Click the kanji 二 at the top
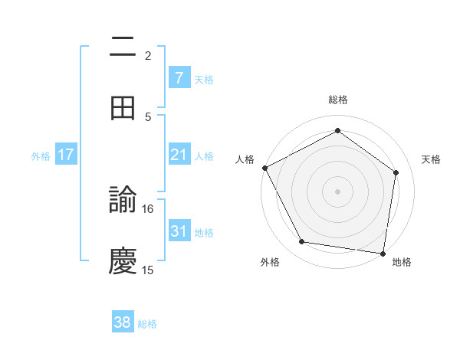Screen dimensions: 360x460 pyautogui.click(x=123, y=47)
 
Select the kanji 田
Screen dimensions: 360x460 pyautogui.click(x=123, y=108)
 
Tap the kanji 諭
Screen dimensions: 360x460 pyautogui.click(x=123, y=201)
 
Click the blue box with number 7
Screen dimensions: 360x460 pyautogui.click(x=179, y=78)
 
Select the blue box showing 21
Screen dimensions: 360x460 pyautogui.click(x=179, y=155)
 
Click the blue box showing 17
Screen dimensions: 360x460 pyautogui.click(x=66, y=155)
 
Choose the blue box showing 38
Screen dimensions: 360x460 pyautogui.click(x=123, y=322)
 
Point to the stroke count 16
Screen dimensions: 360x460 pyautogui.click(x=148, y=208)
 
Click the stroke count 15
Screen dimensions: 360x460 pyautogui.click(x=148, y=270)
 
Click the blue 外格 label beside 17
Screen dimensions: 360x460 pyautogui.click(x=41, y=156)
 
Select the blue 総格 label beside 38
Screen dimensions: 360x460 pyautogui.click(x=147, y=324)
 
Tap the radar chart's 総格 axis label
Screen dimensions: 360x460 pyautogui.click(x=337, y=100)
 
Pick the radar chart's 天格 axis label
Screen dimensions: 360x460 pyautogui.click(x=432, y=159)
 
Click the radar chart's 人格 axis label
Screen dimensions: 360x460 pyautogui.click(x=245, y=159)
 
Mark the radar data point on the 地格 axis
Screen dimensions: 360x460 pyautogui.click(x=383, y=253)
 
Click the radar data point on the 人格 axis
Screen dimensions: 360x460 pyautogui.click(x=264, y=168)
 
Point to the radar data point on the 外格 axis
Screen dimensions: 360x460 pyautogui.click(x=302, y=242)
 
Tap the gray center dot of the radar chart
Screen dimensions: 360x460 pyautogui.click(x=337, y=191)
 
